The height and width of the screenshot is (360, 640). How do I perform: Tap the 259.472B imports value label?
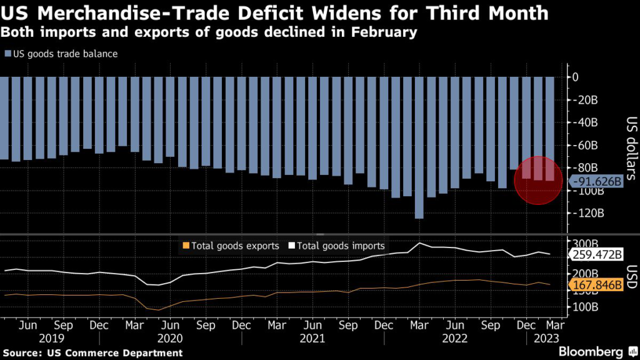pyautogui.click(x=597, y=255)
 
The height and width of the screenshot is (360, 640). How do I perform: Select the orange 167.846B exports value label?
pyautogui.click(x=597, y=286)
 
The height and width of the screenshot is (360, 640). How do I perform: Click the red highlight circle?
pyautogui.click(x=538, y=181)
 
